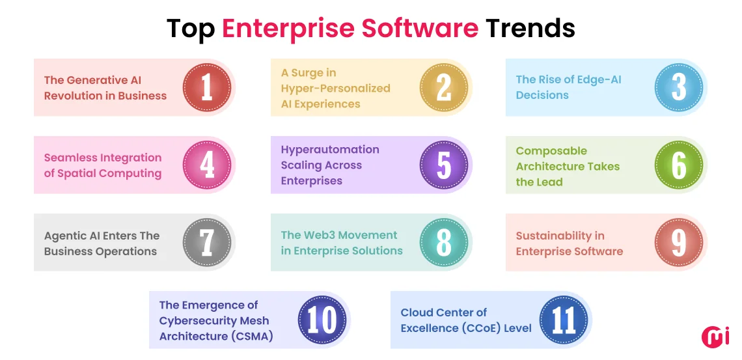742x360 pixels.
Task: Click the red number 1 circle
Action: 206,87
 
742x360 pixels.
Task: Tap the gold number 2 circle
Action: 443,87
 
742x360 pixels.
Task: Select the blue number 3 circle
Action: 678,87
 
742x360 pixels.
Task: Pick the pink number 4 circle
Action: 206,165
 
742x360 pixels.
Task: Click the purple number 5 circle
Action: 443,165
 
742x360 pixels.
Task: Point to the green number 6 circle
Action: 678,165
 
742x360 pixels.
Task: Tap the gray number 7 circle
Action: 206,242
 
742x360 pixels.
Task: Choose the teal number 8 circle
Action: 443,242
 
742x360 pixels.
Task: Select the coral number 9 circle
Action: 678,242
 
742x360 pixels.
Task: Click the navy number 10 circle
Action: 322,320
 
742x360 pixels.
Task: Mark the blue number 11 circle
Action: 564,320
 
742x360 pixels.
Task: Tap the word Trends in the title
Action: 530,29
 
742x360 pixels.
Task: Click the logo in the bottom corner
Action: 715,336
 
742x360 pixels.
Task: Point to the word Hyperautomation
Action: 329,150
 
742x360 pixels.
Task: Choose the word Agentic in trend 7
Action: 66,236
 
